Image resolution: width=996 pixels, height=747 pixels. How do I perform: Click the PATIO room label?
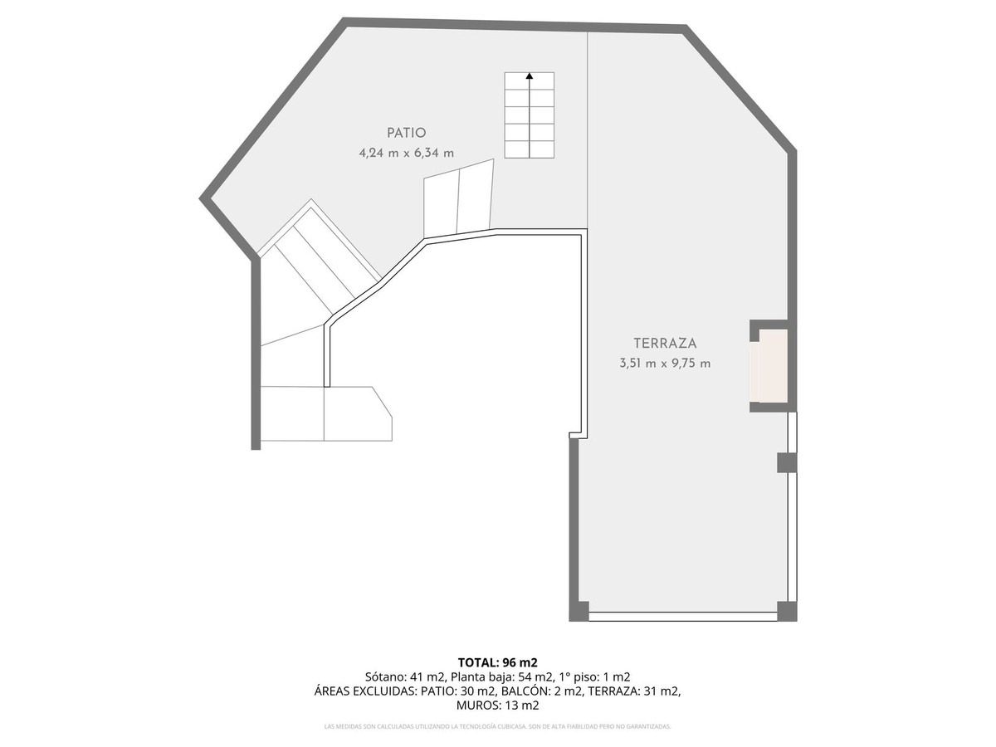pos(407,133)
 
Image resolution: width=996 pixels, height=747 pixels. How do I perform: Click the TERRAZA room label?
pos(665,343)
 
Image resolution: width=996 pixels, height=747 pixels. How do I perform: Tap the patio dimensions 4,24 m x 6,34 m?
pos(407,153)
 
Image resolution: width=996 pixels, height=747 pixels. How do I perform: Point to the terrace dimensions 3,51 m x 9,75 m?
pos(665,363)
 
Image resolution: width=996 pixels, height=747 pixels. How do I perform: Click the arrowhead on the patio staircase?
pos(530,76)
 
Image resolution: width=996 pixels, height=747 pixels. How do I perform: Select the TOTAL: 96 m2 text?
pos(498,662)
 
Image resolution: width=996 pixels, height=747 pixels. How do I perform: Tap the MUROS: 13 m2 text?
pos(498,705)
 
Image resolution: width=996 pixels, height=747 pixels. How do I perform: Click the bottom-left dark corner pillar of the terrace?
pos(579,611)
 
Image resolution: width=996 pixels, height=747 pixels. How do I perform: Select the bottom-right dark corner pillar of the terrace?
pos(787,611)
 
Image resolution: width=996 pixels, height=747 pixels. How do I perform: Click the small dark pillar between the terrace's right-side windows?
pos(787,462)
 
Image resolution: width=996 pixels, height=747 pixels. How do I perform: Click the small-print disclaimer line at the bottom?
pos(498,726)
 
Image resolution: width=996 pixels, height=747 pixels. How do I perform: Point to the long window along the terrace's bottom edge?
pos(682,617)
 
